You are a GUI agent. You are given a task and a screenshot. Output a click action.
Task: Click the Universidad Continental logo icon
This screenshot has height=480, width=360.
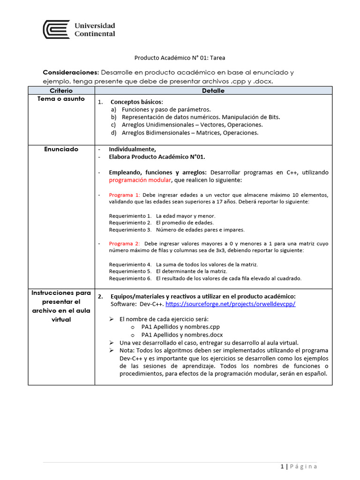[56, 29]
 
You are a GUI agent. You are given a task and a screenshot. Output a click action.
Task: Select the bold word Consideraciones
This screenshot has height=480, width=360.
[71, 73]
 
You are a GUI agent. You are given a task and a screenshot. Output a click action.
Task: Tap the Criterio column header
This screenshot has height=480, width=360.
[61, 90]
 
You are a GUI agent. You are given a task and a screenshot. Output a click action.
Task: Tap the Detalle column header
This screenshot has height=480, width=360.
[213, 90]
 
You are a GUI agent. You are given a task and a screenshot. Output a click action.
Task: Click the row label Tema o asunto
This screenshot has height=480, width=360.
[61, 99]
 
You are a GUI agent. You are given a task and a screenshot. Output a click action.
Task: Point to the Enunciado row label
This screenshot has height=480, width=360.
[61, 149]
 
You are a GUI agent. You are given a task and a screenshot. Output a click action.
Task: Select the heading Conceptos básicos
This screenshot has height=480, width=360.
[137, 102]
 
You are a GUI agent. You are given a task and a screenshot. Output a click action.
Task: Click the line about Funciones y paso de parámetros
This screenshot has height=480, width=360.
[166, 109]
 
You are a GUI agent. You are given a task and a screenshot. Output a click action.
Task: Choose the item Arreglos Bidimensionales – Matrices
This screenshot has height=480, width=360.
[190, 133]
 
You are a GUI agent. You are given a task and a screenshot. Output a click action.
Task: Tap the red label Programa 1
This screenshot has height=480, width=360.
[124, 195]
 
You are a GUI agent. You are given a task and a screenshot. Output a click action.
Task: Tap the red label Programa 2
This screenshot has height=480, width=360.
[124, 243]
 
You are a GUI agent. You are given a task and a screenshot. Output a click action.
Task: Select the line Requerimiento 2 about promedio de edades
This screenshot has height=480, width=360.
[161, 223]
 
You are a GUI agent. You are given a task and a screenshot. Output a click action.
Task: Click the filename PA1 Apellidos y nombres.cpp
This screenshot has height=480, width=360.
[180, 327]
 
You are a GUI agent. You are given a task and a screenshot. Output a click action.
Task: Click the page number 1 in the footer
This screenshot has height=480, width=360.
[282, 466]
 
